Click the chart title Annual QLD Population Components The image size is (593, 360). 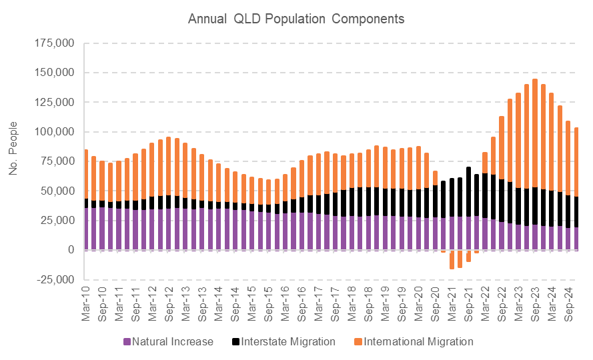click(296, 19)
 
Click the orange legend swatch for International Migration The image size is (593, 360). click(357, 342)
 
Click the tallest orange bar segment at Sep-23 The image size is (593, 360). click(535, 133)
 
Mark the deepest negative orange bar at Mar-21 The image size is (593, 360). click(452, 259)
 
